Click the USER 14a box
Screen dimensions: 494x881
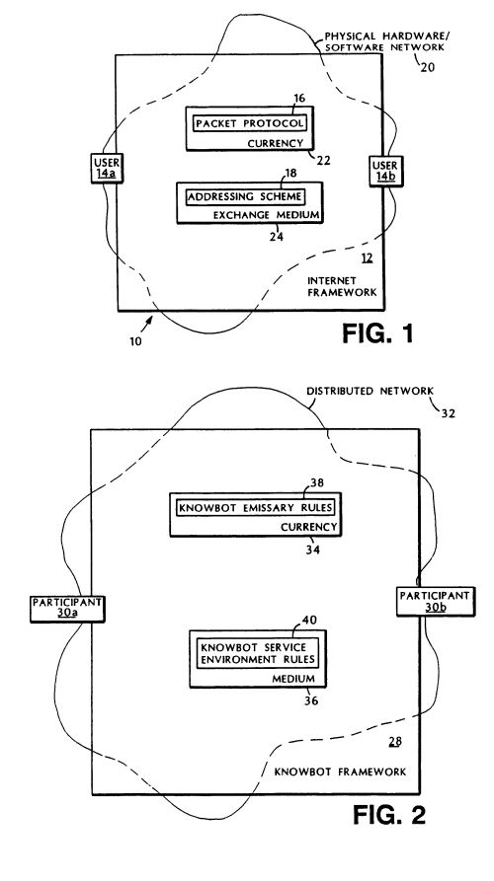click(x=107, y=168)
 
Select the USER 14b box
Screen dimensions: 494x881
click(x=385, y=171)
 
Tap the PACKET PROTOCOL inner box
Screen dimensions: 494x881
click(x=250, y=123)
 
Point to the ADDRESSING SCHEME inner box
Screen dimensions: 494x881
click(x=245, y=197)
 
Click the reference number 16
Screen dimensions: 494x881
click(x=299, y=99)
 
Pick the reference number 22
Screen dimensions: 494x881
click(x=323, y=161)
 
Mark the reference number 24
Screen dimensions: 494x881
click(x=277, y=237)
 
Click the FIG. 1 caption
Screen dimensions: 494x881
click(x=377, y=333)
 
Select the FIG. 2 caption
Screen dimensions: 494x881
click(x=389, y=815)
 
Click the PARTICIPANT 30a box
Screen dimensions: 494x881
click(x=67, y=608)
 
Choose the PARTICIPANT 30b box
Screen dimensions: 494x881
click(x=435, y=602)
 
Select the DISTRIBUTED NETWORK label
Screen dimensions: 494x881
click(x=370, y=391)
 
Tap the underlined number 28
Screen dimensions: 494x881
click(x=395, y=742)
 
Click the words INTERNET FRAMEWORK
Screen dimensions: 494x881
click(x=342, y=286)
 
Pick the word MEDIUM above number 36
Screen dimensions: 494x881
click(x=292, y=678)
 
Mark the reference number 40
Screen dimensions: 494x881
click(x=309, y=620)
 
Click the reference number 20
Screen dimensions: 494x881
click(x=427, y=68)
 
